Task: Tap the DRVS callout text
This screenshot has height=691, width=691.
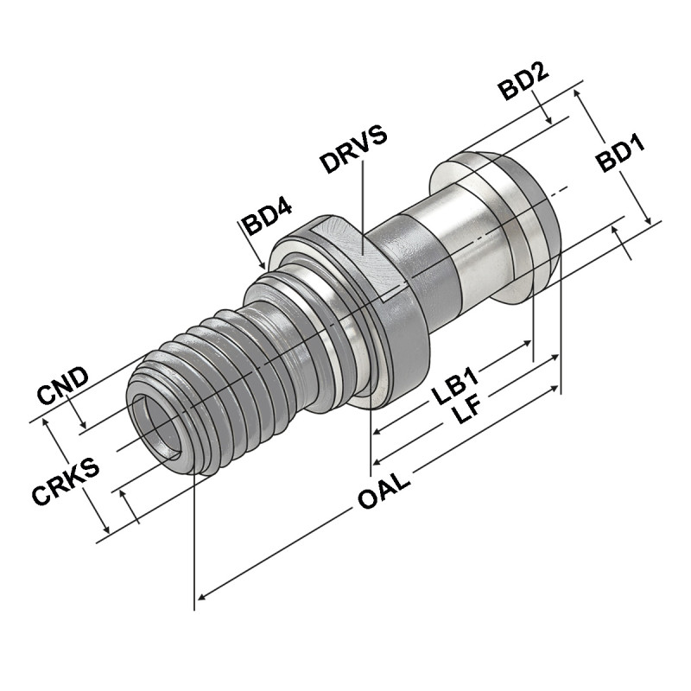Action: (x=352, y=149)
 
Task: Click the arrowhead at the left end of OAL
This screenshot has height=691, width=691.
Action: (x=202, y=595)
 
